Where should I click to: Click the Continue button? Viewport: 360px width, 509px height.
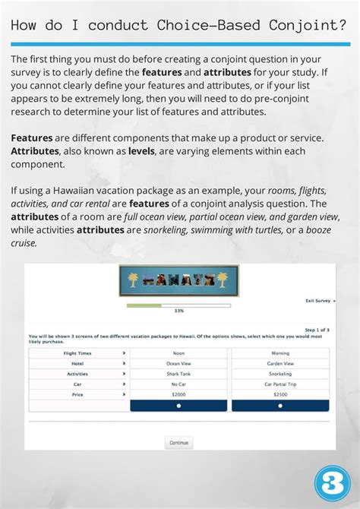pos(178,442)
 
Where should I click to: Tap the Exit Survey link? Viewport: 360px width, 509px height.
pos(320,301)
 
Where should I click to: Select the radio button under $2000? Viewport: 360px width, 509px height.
pos(178,406)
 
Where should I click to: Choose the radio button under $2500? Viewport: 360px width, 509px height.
pos(280,406)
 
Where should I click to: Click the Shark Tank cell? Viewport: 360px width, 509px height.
pos(178,374)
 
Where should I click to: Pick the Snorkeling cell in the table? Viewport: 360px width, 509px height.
pos(280,374)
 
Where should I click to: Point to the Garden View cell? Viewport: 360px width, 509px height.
pos(280,364)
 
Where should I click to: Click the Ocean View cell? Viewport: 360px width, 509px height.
pos(178,364)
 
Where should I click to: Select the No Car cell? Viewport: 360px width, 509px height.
pos(178,384)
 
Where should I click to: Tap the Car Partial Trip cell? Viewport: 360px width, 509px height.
pos(280,384)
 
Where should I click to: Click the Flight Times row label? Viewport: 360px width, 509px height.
pos(77,353)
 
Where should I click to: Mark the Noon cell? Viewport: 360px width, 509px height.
pos(178,353)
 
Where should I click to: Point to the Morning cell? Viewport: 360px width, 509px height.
pos(280,353)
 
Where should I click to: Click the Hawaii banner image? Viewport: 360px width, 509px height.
pos(178,280)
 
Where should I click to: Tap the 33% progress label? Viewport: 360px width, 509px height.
pos(178,311)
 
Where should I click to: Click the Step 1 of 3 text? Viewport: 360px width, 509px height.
pos(317,330)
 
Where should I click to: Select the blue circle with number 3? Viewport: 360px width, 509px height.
pos(331,484)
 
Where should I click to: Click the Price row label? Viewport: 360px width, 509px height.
pos(77,394)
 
